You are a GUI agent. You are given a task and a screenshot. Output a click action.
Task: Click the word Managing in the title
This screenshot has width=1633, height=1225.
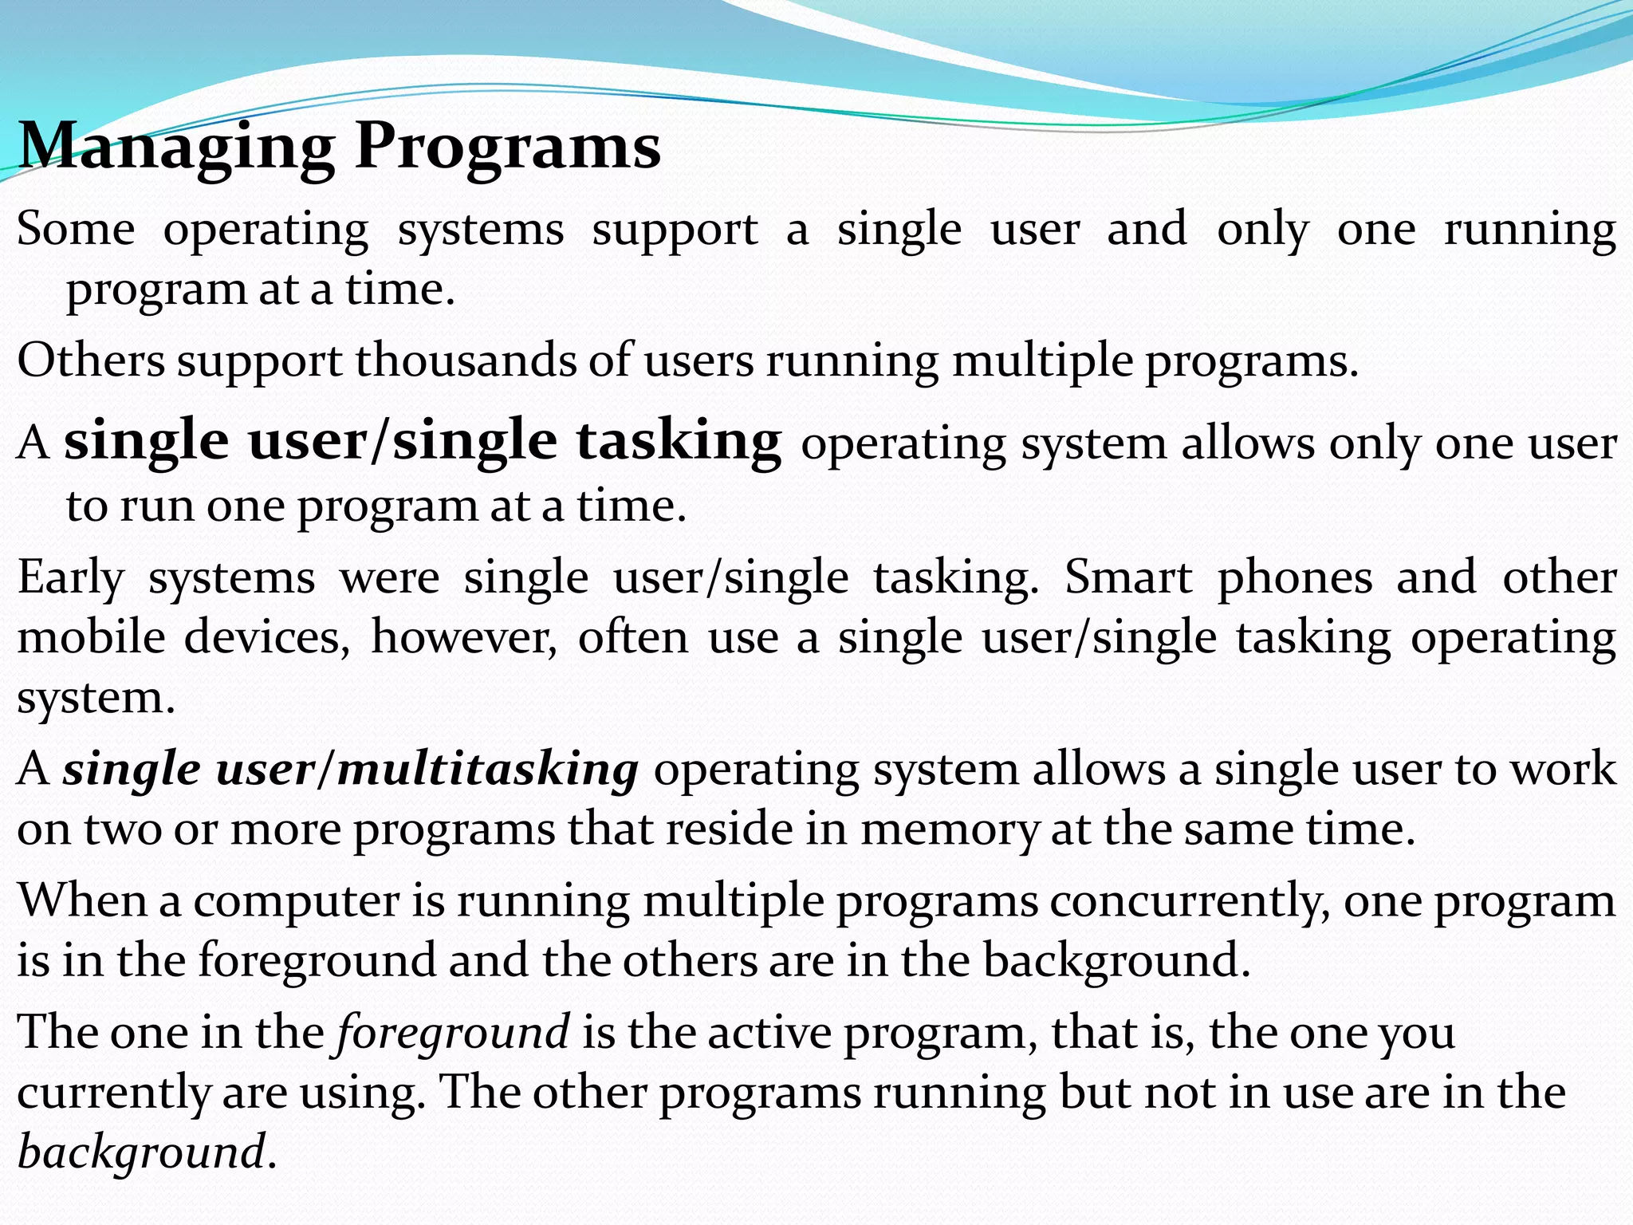point(175,148)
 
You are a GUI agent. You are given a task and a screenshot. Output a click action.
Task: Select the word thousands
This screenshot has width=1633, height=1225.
point(466,360)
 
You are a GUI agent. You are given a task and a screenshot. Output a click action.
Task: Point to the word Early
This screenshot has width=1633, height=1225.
point(71,578)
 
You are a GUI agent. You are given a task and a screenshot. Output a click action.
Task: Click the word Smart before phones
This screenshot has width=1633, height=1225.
point(1128,577)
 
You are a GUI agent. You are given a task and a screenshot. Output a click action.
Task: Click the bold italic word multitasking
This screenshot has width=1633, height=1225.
point(488,770)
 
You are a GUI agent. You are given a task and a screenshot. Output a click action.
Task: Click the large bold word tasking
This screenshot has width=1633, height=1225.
point(679,441)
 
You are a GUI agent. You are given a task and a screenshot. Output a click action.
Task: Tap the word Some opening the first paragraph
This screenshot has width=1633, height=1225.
point(76,230)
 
